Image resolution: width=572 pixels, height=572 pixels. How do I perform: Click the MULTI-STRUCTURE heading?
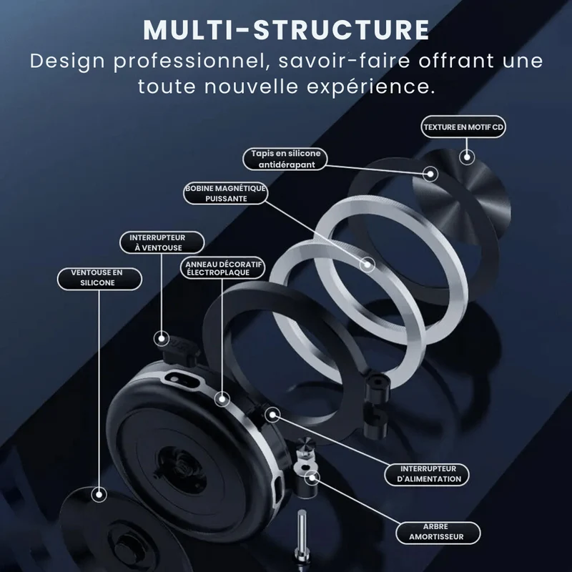click(287, 29)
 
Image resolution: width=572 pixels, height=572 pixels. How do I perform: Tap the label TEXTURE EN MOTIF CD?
click(463, 127)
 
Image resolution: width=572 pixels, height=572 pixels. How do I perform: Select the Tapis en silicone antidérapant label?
click(285, 159)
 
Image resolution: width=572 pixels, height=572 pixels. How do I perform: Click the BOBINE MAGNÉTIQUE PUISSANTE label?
click(225, 193)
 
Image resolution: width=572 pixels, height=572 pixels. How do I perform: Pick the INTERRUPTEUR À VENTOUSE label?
click(162, 242)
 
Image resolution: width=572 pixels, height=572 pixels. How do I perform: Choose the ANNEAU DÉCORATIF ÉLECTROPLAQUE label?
click(222, 268)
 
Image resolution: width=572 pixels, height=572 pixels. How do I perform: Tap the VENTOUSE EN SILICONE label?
click(99, 277)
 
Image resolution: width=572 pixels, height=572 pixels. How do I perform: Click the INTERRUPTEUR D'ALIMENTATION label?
click(427, 474)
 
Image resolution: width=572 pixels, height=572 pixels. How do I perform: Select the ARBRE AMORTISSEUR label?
click(438, 532)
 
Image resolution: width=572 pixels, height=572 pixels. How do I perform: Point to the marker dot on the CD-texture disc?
click(467, 157)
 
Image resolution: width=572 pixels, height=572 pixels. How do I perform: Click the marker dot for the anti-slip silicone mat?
click(430, 174)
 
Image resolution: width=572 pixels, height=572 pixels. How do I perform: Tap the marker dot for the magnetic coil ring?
click(367, 264)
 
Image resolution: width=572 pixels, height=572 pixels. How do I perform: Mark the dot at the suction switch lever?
click(162, 338)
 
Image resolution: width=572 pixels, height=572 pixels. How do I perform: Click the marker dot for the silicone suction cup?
click(99, 495)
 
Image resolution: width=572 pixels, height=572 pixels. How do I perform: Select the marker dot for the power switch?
click(272, 415)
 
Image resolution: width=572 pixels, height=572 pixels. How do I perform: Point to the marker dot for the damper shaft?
click(312, 477)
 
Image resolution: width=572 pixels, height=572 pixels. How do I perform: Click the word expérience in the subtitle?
click(370, 87)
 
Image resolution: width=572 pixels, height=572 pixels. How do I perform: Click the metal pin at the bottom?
click(302, 536)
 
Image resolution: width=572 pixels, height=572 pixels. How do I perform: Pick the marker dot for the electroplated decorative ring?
click(222, 399)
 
